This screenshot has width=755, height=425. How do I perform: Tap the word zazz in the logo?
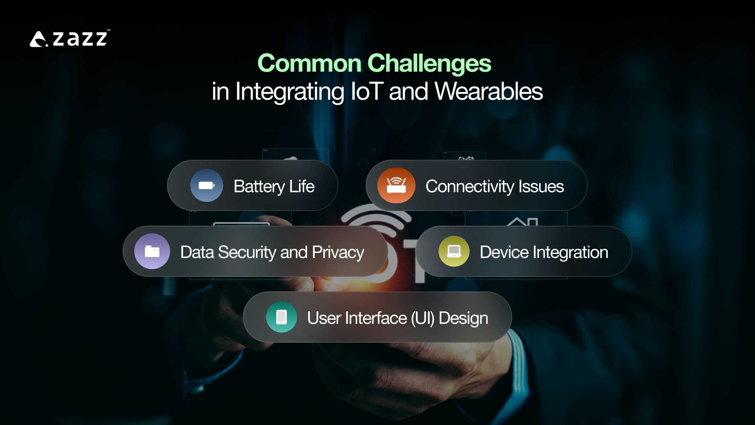[80, 39]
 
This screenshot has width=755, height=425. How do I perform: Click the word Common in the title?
[309, 63]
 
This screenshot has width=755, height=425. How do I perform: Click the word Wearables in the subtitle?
[488, 91]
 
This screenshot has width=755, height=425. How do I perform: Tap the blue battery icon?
[206, 186]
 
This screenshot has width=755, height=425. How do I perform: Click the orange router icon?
[396, 186]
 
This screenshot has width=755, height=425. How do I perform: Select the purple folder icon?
[152, 251]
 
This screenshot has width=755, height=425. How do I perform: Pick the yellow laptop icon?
[454, 251]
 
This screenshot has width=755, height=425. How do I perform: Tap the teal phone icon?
[281, 317]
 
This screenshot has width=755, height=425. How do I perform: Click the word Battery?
[259, 187]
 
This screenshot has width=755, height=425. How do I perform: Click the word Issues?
[541, 187]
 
